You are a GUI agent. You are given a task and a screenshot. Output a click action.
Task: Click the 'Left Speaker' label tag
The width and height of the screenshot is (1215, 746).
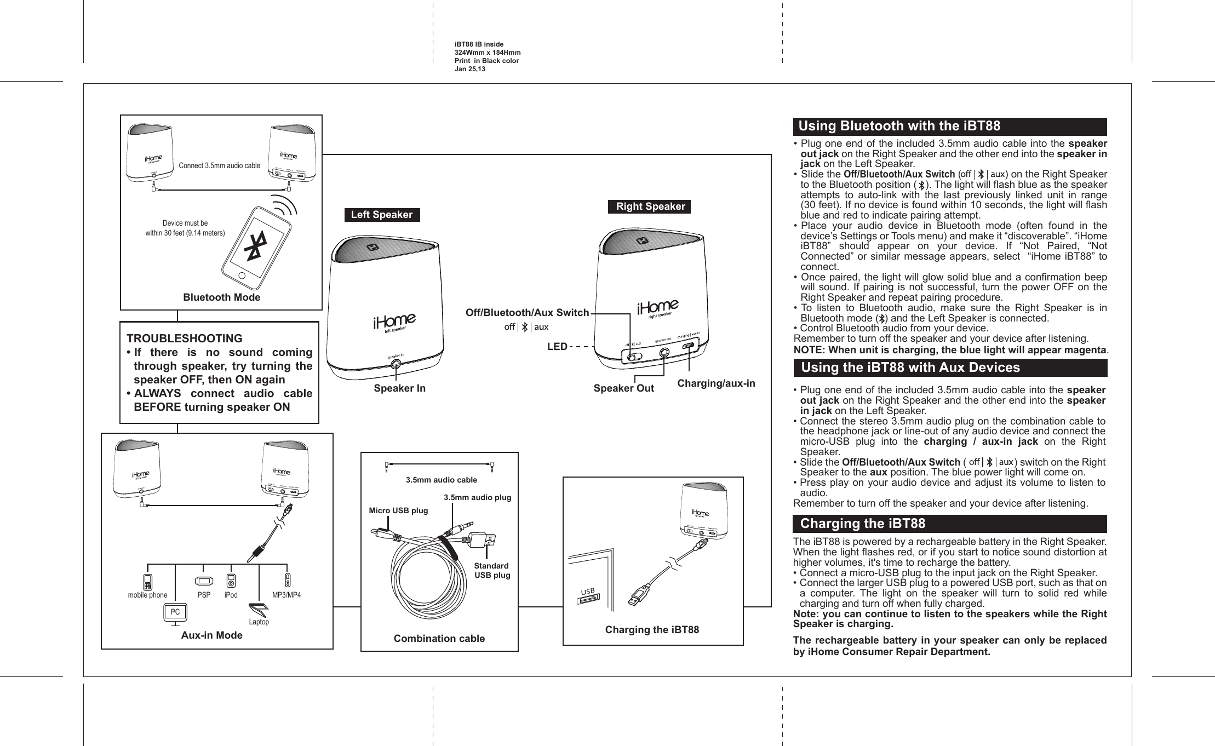(x=382, y=215)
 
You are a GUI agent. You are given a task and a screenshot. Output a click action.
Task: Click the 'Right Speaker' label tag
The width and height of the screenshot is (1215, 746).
(x=650, y=206)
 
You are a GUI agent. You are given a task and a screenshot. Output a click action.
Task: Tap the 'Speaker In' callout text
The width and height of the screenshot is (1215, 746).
(x=399, y=388)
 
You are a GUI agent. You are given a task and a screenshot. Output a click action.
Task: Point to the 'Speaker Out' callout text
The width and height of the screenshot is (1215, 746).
(x=624, y=388)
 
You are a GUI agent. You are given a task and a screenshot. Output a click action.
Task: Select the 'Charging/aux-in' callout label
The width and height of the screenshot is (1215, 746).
(x=716, y=383)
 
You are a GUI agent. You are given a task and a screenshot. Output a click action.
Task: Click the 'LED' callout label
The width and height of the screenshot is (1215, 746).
(x=557, y=347)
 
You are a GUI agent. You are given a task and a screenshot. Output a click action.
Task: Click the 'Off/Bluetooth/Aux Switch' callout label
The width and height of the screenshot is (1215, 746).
(x=527, y=313)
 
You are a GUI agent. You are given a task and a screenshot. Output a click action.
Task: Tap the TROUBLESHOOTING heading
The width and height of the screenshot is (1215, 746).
(x=185, y=338)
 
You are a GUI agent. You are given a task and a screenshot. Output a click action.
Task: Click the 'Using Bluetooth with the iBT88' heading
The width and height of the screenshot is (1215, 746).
(x=899, y=127)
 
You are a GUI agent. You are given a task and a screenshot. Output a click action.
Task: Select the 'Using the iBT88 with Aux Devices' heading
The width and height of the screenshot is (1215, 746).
(x=910, y=368)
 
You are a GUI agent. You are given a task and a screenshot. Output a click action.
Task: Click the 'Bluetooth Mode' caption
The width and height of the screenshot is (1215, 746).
(x=221, y=297)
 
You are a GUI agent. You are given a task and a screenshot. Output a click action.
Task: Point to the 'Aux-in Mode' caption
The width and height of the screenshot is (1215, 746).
(x=211, y=635)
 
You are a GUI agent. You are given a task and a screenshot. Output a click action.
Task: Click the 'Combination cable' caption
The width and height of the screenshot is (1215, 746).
(x=439, y=639)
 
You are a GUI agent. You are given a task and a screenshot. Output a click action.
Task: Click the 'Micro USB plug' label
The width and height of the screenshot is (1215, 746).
(x=398, y=510)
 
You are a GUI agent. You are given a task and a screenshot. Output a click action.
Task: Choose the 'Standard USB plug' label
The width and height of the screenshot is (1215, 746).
(x=491, y=570)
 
